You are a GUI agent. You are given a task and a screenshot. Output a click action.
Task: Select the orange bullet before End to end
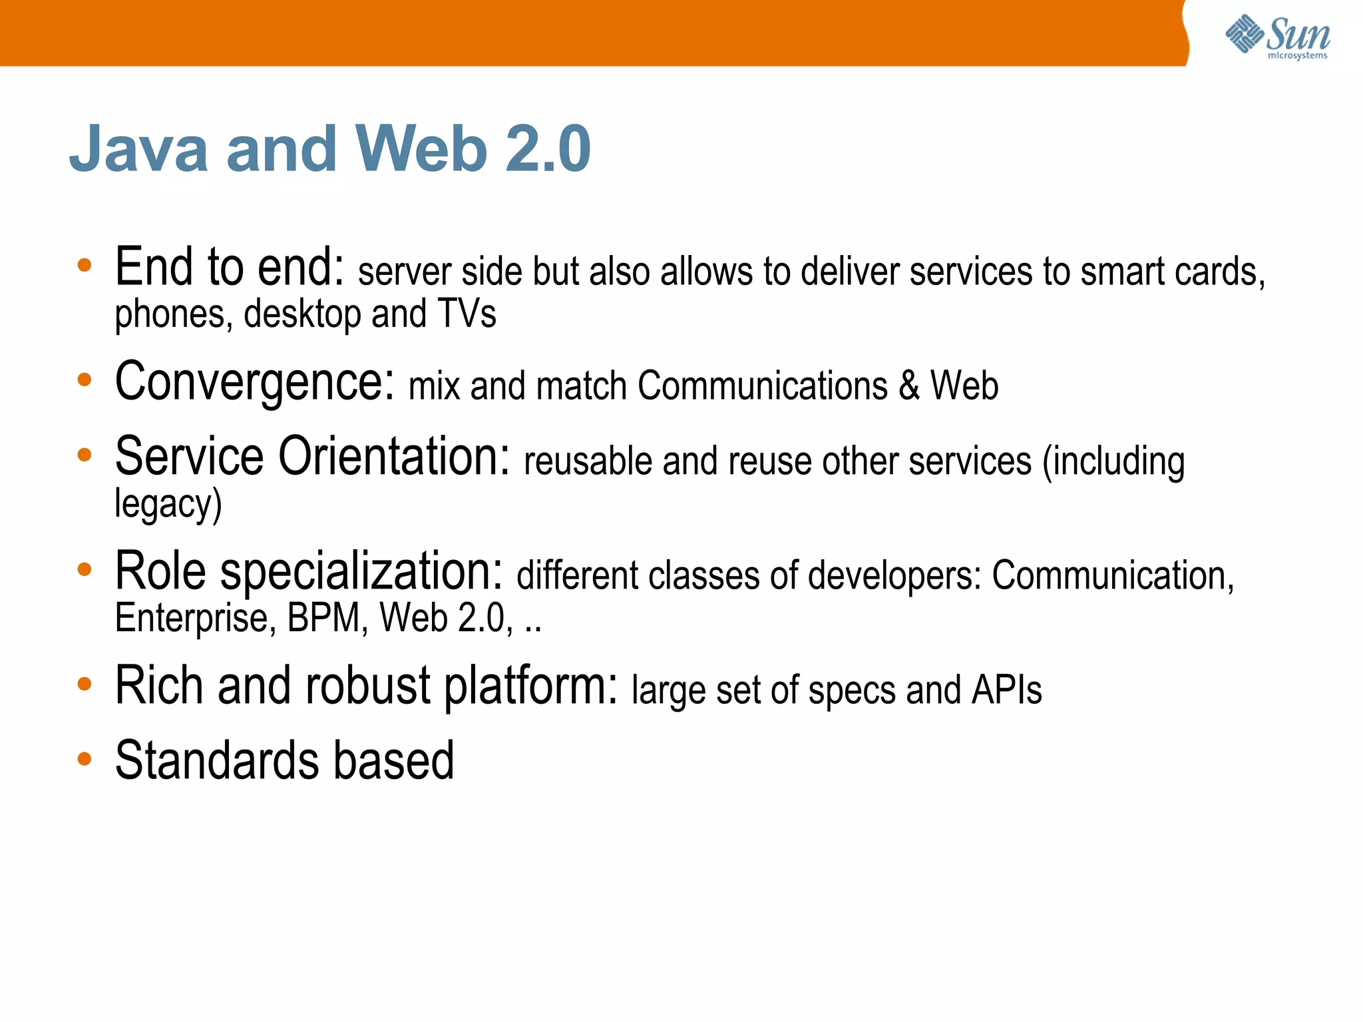tap(85, 266)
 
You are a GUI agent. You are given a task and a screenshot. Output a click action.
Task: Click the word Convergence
tap(255, 383)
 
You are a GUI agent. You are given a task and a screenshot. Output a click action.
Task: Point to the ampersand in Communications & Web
tap(908, 386)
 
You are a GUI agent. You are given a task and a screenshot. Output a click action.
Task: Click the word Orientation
tap(393, 457)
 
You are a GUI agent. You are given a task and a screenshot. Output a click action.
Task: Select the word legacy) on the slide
tap(168, 504)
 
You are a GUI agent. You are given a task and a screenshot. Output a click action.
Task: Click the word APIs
tap(1006, 690)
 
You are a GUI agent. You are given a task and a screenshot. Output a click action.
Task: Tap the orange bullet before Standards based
tap(85, 759)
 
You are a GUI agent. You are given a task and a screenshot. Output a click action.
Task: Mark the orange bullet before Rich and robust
tap(85, 684)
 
